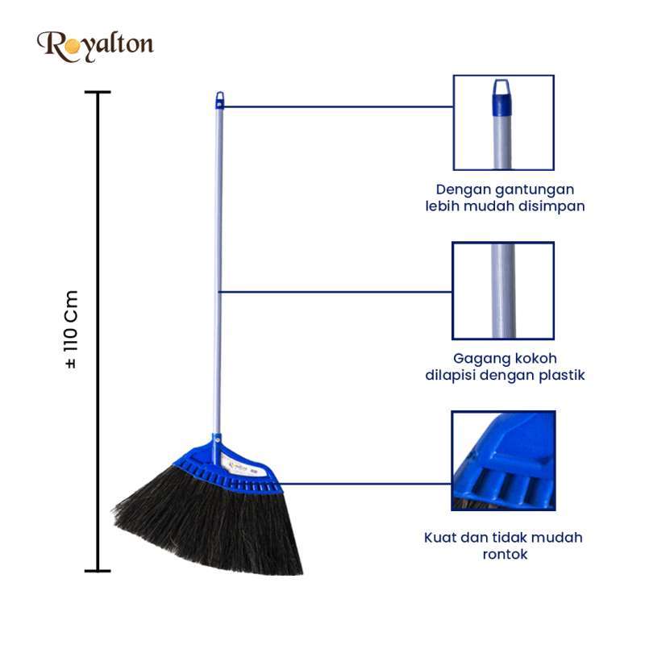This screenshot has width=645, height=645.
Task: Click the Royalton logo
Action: [95, 47]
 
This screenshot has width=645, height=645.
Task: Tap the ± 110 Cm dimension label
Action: [71, 329]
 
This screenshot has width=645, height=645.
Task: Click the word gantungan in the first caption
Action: [535, 190]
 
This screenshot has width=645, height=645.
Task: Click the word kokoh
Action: [533, 358]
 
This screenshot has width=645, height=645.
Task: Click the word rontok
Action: [505, 555]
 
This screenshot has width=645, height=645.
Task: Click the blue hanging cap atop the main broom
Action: [220, 100]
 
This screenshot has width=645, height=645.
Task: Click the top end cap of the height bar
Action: [98, 92]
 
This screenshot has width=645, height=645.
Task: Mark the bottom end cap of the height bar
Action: [98, 571]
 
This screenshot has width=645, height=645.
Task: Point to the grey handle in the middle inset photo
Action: [503, 291]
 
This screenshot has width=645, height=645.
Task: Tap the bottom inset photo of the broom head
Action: [503, 460]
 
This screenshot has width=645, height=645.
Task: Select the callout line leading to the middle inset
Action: [335, 292]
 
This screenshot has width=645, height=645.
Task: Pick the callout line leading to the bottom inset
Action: [364, 484]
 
